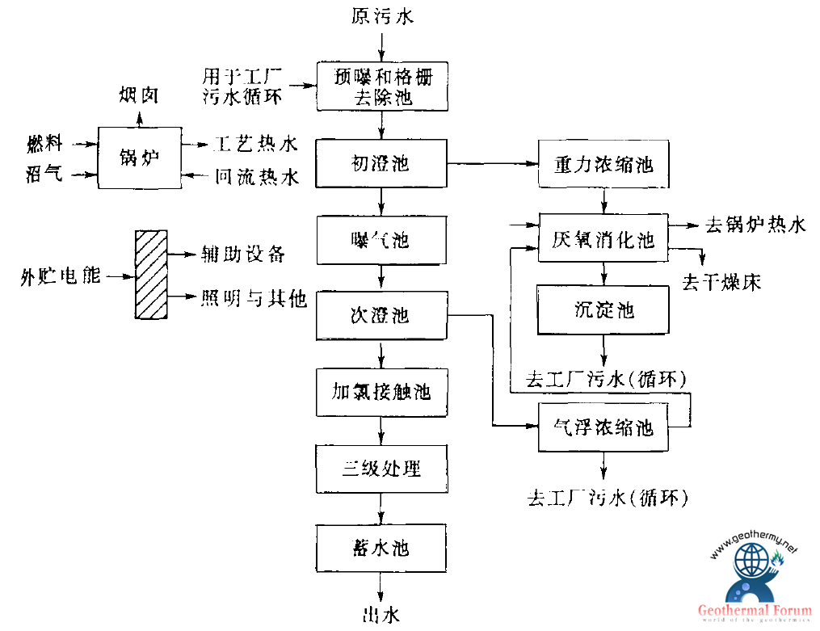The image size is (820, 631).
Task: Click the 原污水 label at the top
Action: click(382, 17)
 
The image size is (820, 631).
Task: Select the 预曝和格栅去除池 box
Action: click(381, 87)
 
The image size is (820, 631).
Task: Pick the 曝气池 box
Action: click(381, 240)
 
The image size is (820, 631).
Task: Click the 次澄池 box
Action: click(381, 315)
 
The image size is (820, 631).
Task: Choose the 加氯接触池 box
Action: click(381, 393)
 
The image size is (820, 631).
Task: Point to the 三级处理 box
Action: click(381, 469)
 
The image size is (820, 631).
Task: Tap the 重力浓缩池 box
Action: click(603, 165)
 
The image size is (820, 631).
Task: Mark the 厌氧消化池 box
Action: click(603, 238)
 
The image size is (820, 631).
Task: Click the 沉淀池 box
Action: click(603, 309)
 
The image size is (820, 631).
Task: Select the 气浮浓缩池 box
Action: click(603, 427)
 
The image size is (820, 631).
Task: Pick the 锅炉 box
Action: click(139, 157)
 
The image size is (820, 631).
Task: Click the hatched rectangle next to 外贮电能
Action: click(150, 276)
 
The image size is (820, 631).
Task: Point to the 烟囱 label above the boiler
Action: click(139, 96)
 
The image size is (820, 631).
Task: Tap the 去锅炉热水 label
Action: click(755, 225)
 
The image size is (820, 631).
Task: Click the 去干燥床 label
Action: click(721, 282)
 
